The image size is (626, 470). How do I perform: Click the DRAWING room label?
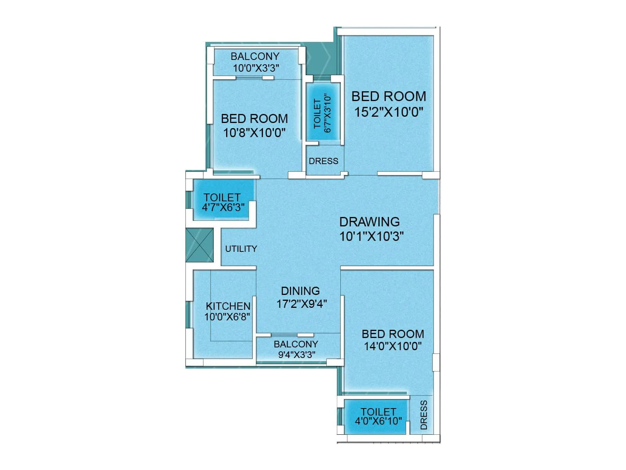pos(369,222)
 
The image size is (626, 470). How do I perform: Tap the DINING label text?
pos(300,291)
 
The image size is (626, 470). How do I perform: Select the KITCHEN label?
pos(228,306)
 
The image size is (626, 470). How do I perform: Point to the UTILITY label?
pos(241,249)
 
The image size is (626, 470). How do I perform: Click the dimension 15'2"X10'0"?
pos(389,112)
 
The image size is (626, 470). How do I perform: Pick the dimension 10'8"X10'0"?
pos(254,133)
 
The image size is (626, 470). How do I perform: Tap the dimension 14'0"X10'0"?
pos(393,346)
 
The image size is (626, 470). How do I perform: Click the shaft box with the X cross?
pos(200,245)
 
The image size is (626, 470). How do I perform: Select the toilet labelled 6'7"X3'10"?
pos(323,112)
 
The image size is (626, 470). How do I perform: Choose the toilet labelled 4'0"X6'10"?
pos(378,417)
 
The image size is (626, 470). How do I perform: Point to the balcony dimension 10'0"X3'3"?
pos(256,68)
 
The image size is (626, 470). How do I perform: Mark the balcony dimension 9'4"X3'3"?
pos(297,355)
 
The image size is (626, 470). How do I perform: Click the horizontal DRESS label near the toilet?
pos(323,161)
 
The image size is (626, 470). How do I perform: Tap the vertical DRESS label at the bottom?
pos(424,415)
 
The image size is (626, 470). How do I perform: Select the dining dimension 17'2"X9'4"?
pos(302,304)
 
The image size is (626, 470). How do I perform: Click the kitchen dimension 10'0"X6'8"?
pos(227,316)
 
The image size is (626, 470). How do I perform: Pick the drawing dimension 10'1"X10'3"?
pos(371,236)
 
